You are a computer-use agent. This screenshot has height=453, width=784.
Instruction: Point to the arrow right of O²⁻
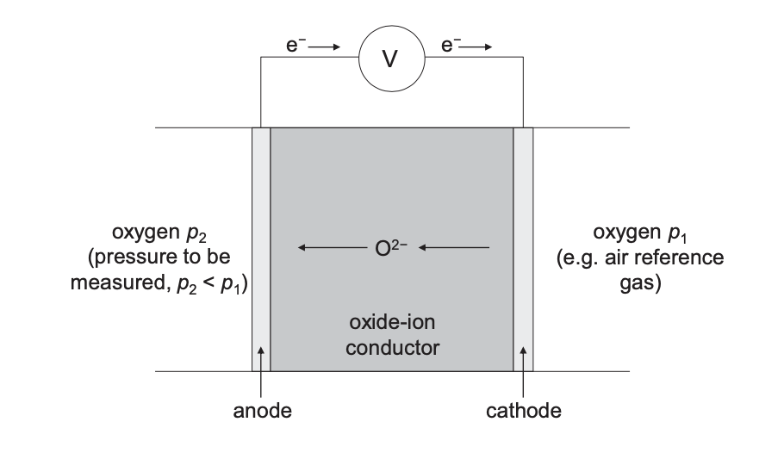(x=455, y=248)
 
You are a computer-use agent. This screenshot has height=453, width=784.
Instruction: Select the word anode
(x=262, y=411)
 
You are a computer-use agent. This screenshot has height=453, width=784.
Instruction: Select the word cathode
(x=523, y=411)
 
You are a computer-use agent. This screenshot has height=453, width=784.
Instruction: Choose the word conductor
(x=392, y=348)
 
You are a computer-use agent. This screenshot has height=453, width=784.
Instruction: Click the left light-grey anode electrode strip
(x=261, y=250)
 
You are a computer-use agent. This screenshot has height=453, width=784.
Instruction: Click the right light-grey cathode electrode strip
(x=523, y=250)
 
